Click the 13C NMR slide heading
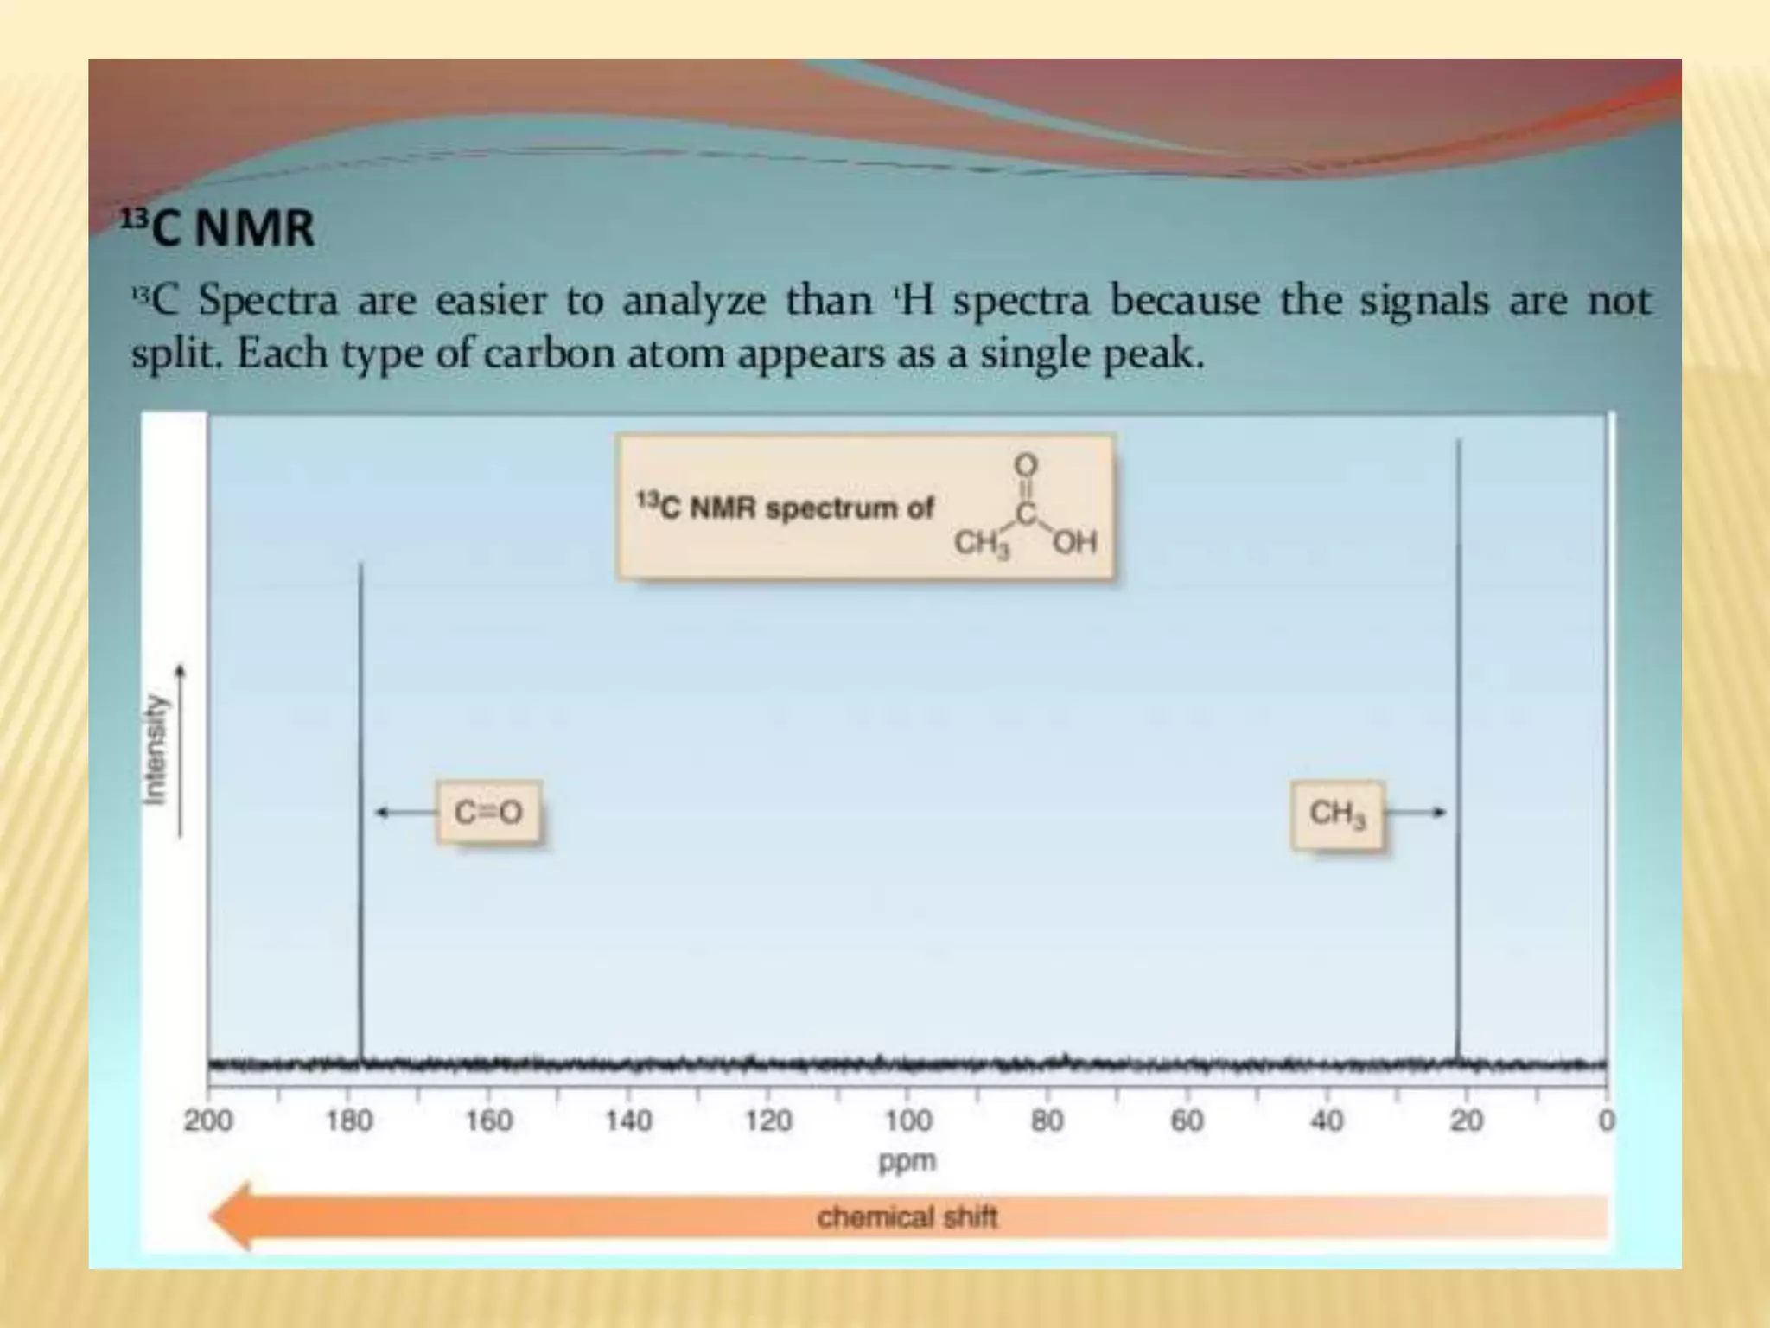(x=217, y=229)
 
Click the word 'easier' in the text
(x=491, y=302)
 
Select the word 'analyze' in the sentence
(x=693, y=302)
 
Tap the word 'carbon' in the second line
(x=550, y=354)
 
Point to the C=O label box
(x=488, y=813)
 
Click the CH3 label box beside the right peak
(x=1337, y=814)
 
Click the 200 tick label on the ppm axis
(x=208, y=1121)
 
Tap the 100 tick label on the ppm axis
(x=907, y=1121)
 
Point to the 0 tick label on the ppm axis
(x=1605, y=1121)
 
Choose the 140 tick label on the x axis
(x=628, y=1121)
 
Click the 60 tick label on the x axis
(x=1187, y=1121)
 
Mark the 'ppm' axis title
(x=907, y=1160)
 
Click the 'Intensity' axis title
(x=156, y=750)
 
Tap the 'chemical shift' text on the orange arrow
(x=907, y=1217)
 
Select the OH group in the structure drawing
(x=1074, y=542)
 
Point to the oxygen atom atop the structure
(x=1025, y=465)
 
